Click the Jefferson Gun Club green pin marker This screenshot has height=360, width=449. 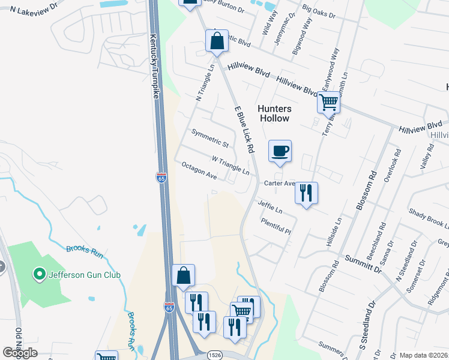[40, 275]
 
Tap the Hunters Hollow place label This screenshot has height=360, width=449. [274, 113]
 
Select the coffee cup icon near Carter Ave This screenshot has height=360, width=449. [280, 151]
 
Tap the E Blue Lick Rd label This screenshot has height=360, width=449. [246, 128]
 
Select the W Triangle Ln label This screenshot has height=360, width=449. [230, 166]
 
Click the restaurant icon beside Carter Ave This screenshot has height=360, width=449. [306, 193]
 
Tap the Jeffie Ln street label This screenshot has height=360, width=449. [270, 207]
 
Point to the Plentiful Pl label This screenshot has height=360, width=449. [276, 226]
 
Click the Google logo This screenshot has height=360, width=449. [20, 353]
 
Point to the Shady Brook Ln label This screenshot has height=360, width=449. [429, 219]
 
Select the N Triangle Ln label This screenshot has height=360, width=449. [204, 87]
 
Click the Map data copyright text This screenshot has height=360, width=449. [423, 355]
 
